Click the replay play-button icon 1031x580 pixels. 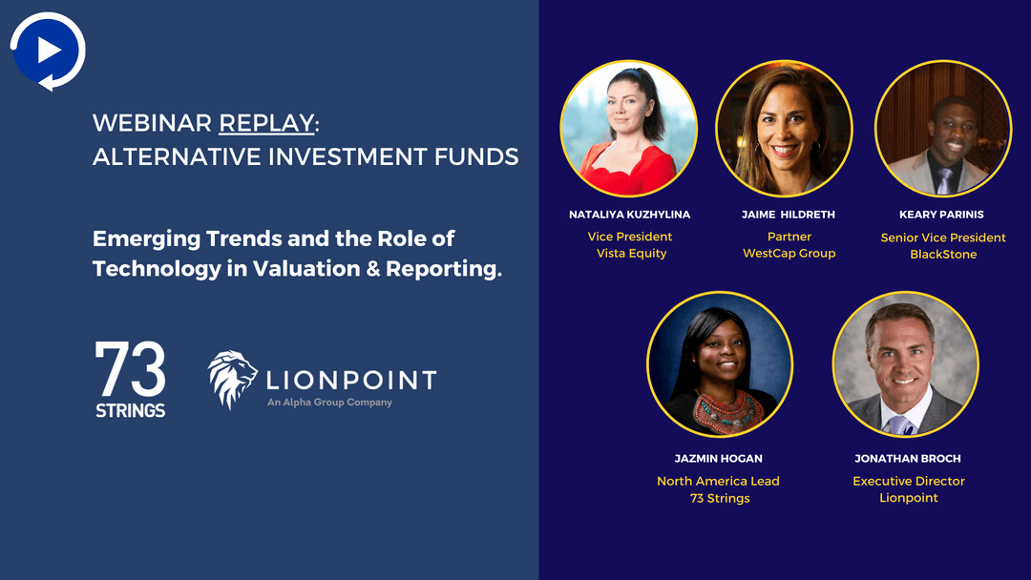(x=48, y=51)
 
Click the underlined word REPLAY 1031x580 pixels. (x=266, y=123)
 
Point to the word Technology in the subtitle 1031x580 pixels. (x=157, y=269)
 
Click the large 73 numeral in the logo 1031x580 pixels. (x=130, y=368)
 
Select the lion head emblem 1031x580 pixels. (x=232, y=379)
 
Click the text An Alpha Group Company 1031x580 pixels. (x=329, y=402)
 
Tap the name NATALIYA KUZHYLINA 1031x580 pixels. (x=629, y=215)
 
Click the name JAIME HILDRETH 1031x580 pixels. (x=789, y=215)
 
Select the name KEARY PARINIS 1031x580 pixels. (x=941, y=215)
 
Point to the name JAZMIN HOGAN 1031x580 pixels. (x=719, y=459)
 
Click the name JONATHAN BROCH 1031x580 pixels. (x=908, y=459)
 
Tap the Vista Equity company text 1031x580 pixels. (x=631, y=254)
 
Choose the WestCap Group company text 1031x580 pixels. (x=789, y=254)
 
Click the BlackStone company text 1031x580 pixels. (x=943, y=254)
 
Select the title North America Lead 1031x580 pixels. (x=718, y=481)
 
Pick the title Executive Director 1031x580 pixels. (x=909, y=481)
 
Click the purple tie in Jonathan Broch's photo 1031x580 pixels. (x=899, y=425)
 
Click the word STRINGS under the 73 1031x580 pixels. (x=130, y=410)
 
